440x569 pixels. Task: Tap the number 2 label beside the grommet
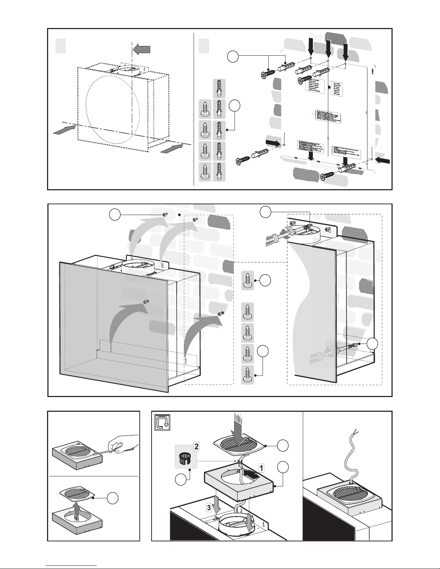coord(196,447)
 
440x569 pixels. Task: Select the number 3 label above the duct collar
coord(209,507)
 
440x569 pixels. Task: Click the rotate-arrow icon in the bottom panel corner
coord(162,423)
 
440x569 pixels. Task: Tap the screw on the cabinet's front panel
coord(146,302)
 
